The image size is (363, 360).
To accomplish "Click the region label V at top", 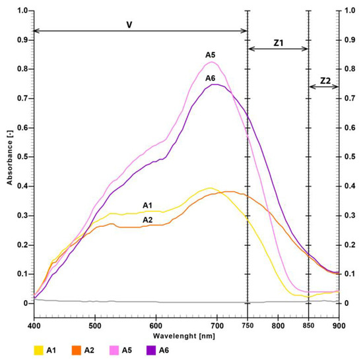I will pos(130,24).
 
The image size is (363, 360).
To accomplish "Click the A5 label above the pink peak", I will pos(210,55).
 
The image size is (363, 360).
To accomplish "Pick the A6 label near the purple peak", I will pos(210,78).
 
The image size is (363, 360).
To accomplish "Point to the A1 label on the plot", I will pos(148,204).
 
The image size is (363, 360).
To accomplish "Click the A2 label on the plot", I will pos(148,220).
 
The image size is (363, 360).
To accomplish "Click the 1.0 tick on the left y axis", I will pos(22,11).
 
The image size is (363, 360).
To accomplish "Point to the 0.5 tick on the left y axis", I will pos(22,157).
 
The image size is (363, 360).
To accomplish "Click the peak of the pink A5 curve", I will pos(212,63).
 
